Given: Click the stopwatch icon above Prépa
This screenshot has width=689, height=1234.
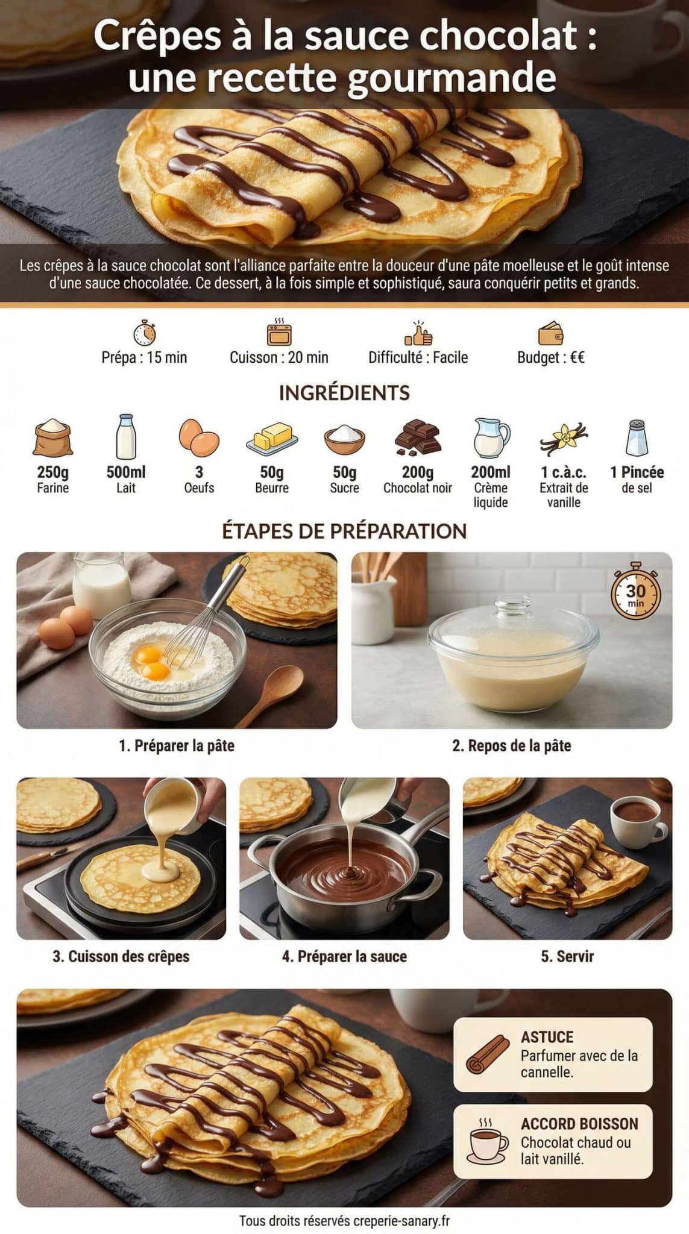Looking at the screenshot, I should tap(144, 333).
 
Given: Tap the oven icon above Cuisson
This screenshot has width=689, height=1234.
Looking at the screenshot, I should tap(279, 333).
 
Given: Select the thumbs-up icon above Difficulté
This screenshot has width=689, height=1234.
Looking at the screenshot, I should tap(418, 333).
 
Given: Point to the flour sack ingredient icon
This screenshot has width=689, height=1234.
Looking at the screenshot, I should tap(53, 437).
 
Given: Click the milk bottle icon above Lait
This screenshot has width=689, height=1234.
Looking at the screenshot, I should tap(126, 437).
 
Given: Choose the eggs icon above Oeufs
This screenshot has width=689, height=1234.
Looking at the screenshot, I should tap(199, 437).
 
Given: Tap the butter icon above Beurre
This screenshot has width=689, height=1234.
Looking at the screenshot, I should tap(272, 437).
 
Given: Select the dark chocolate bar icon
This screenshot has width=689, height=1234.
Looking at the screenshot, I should tap(418, 437).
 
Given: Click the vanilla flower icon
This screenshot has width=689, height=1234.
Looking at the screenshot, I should tap(564, 437).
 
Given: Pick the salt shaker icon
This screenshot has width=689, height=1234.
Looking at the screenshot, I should tap(637, 437).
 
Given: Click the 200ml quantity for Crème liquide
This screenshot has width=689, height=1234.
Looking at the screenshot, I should tap(491, 472).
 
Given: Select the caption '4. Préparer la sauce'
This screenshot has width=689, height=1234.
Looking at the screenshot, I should tap(344, 956).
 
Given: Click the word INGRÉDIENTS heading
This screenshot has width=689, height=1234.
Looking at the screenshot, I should tap(344, 393).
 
